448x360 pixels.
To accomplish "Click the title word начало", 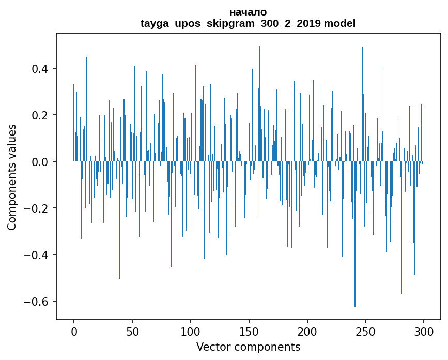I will [248, 12].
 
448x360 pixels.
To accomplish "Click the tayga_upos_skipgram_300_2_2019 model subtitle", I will [248, 23].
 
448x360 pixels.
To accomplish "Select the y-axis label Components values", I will [11, 177].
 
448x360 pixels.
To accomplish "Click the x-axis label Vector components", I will [248, 347].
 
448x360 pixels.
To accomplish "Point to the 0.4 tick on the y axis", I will [41, 69].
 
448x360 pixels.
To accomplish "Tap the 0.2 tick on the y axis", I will [41, 115].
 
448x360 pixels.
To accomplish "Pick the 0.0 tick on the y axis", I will [41, 162].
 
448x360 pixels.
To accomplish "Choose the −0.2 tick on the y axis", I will [39, 208].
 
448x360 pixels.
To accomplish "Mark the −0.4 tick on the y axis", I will [39, 255].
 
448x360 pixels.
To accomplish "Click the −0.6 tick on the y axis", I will [39, 302].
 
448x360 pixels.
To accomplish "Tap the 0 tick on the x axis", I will [74, 331].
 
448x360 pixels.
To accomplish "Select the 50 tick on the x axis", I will [132, 331].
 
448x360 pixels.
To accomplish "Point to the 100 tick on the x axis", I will [191, 331].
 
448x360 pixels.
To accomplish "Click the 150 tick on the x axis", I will [249, 331].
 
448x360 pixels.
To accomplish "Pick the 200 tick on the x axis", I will [307, 331].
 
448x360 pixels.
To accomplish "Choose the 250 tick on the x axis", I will [366, 331].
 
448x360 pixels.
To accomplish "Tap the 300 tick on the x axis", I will [424, 331].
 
